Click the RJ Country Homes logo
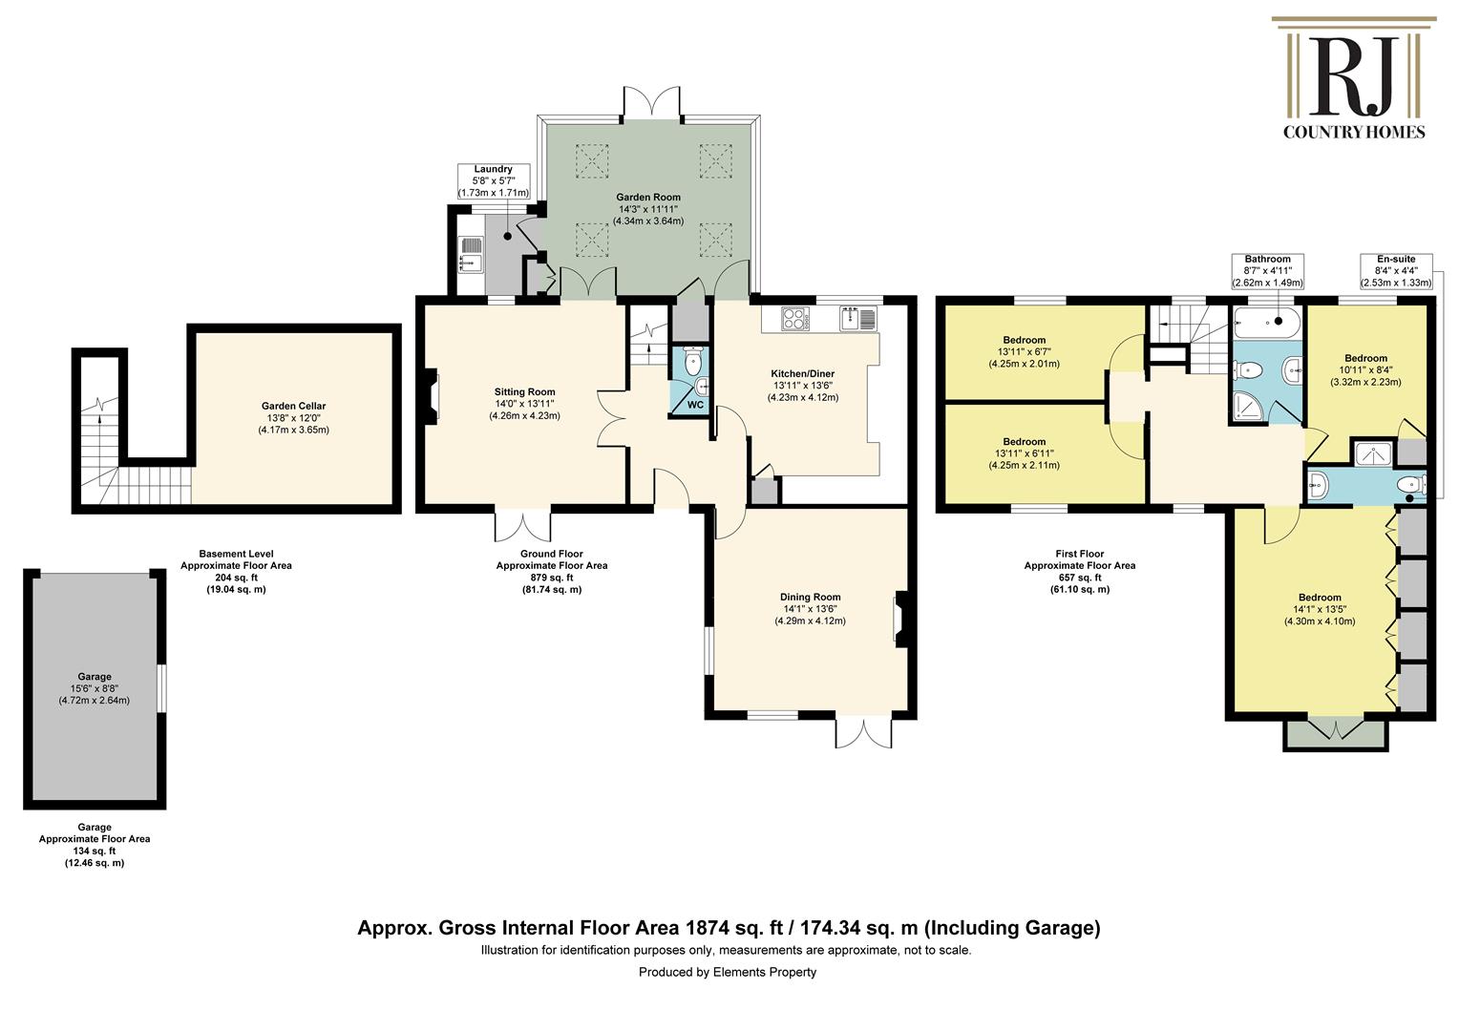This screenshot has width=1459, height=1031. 1353,78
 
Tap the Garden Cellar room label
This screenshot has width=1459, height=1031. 293,407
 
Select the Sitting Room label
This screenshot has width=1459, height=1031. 524,392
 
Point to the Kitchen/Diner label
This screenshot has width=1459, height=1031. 802,374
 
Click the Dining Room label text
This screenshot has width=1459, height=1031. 811,598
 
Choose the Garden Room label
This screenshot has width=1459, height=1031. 648,198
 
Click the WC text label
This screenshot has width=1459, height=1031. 695,405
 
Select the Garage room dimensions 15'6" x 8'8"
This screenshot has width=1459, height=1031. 95,688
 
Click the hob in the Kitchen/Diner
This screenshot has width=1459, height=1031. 794,319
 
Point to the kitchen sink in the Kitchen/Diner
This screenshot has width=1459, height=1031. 858,319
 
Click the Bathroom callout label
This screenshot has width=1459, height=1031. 1267,271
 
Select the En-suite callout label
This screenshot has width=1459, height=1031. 1396,271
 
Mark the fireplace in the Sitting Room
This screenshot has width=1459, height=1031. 432,396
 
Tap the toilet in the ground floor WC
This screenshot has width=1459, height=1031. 692,359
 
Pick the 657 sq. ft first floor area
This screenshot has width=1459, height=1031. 1079,578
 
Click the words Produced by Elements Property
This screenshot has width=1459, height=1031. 727,973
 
